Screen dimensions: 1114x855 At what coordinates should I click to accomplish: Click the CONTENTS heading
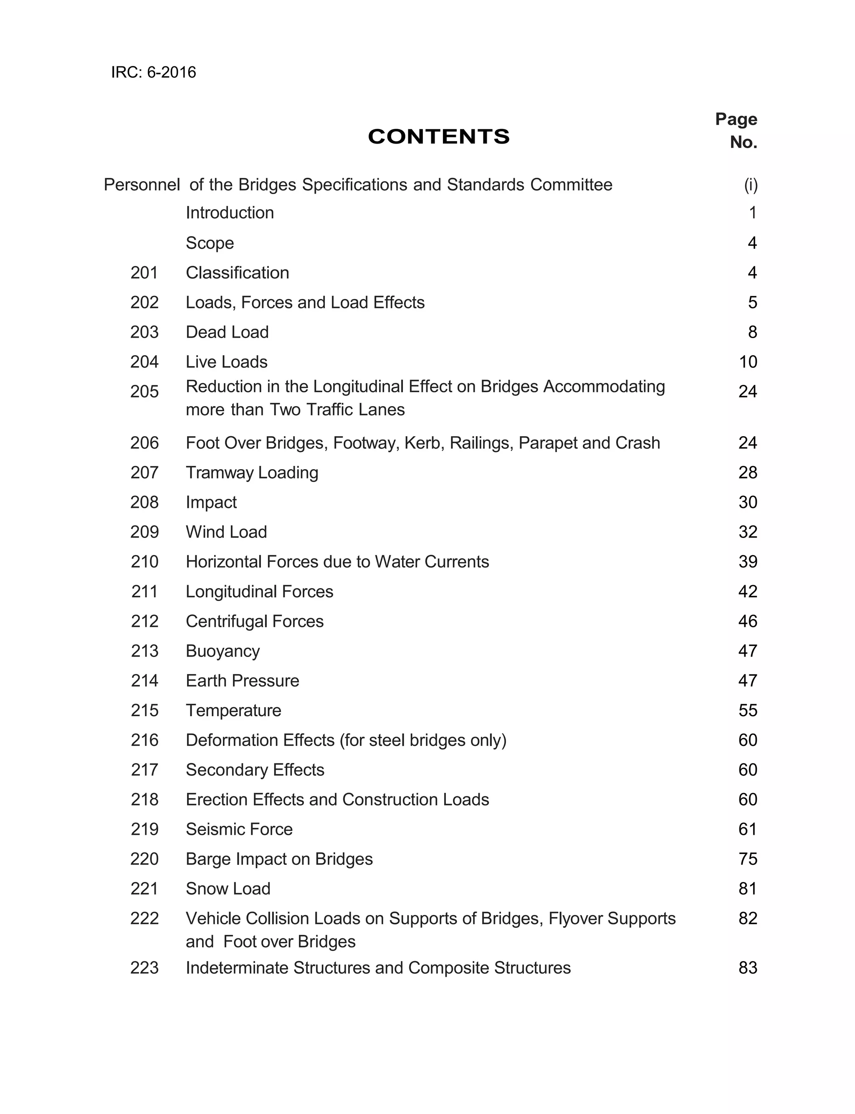click(x=438, y=137)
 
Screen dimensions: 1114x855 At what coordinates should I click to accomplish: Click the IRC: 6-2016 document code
click(x=153, y=72)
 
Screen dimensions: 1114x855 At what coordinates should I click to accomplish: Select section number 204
click(x=144, y=362)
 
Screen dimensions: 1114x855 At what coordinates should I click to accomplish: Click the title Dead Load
click(x=227, y=332)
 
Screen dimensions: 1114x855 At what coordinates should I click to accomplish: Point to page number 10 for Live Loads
click(x=748, y=362)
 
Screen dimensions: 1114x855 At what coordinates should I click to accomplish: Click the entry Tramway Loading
click(x=252, y=472)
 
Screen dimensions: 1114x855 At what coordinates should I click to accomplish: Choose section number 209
click(x=144, y=532)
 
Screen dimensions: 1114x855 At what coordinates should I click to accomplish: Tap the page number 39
click(x=748, y=561)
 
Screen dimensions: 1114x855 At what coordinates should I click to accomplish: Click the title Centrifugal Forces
click(x=255, y=621)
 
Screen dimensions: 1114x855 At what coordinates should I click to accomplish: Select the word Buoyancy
click(x=223, y=651)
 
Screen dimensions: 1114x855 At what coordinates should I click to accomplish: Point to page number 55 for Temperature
click(x=748, y=710)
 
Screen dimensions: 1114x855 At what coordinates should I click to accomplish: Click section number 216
click(x=144, y=740)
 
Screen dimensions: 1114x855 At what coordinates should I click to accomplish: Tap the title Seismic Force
click(x=239, y=829)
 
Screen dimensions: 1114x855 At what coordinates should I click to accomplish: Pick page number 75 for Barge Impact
click(x=748, y=859)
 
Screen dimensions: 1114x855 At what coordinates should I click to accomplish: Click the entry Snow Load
click(x=228, y=889)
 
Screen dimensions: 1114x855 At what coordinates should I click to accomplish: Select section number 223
click(x=144, y=967)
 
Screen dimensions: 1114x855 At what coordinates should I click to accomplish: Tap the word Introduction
click(x=230, y=212)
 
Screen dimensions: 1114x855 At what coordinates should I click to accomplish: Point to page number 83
click(x=748, y=967)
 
